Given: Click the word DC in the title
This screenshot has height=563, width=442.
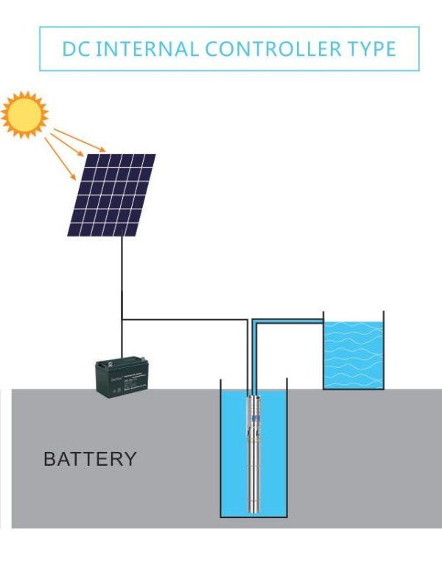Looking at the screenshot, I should [74, 49].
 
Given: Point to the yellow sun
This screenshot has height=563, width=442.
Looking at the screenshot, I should [24, 114].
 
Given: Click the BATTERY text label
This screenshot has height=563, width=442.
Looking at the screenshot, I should [90, 459].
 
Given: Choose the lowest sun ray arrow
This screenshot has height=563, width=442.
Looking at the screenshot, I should [60, 159].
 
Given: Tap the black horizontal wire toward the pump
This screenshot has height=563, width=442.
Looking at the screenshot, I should [184, 319].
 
